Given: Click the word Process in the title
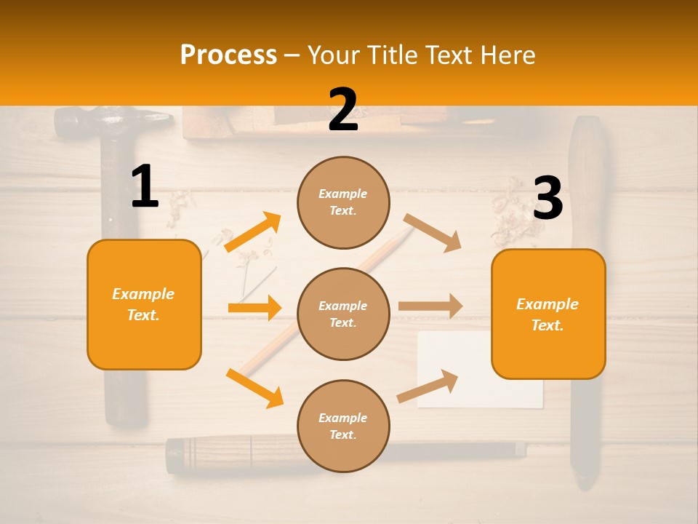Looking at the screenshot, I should (228, 55).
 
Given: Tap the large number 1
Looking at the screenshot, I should (145, 187).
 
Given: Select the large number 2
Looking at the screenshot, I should (343, 110).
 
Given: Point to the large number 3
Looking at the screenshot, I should (547, 199).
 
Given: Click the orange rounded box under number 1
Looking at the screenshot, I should (144, 304).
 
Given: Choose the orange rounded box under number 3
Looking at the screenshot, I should (548, 314).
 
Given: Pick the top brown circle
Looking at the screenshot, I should (343, 202).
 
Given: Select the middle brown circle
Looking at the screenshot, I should (343, 314).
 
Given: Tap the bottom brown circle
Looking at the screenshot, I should (343, 426).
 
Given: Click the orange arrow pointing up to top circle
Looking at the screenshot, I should (253, 232).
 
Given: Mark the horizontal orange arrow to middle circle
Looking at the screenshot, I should (254, 308).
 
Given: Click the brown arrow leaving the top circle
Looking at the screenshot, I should (433, 232).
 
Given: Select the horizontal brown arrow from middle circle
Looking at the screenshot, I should (430, 306).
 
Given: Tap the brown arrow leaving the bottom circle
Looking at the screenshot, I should (428, 386).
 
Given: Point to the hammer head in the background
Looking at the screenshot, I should (109, 120).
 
